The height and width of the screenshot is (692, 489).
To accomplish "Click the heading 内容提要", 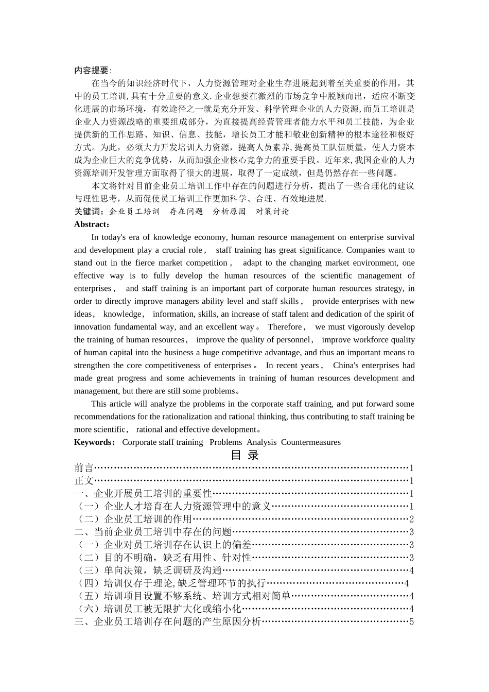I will point(91,71).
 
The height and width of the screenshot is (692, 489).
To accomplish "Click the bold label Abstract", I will point(91,224).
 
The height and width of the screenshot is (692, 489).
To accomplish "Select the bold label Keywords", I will point(94,442).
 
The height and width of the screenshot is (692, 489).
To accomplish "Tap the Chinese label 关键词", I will point(88,212).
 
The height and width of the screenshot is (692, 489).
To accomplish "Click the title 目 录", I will point(244,455).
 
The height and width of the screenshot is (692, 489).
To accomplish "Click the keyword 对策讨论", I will point(273,212).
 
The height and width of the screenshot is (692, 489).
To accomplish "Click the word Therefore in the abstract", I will point(285,327).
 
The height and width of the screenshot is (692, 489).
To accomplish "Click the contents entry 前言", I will point(84,468).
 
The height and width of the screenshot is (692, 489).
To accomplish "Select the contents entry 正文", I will point(84,481).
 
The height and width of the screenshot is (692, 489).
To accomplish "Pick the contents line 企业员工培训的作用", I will point(148,520).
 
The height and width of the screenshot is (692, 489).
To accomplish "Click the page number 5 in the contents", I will point(411,622).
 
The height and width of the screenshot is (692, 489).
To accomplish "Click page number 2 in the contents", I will point(411,520).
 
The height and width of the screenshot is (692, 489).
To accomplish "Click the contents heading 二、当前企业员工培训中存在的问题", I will point(153,532).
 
